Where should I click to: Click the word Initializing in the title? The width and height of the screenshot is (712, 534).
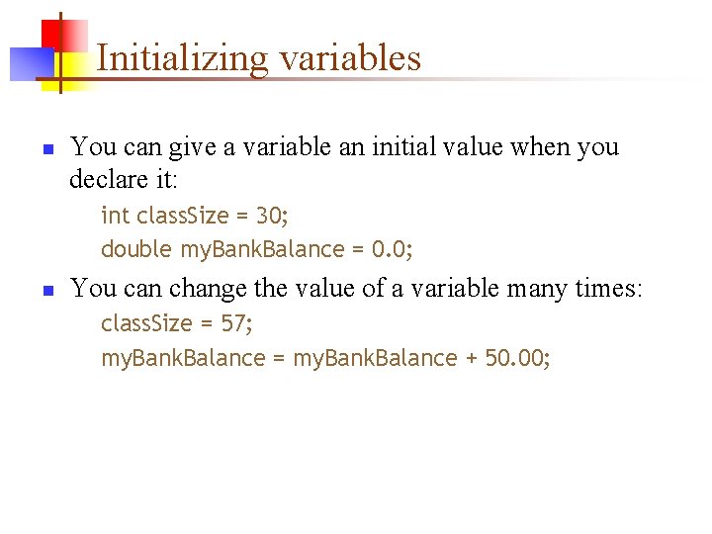click(x=183, y=58)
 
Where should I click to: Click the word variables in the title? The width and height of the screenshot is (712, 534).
click(x=350, y=58)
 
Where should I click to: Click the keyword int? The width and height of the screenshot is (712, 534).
click(x=115, y=216)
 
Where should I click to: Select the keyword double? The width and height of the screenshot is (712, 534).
click(x=136, y=249)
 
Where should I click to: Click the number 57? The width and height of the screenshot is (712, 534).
click(x=234, y=323)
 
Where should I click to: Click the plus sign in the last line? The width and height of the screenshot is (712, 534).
click(x=470, y=358)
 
